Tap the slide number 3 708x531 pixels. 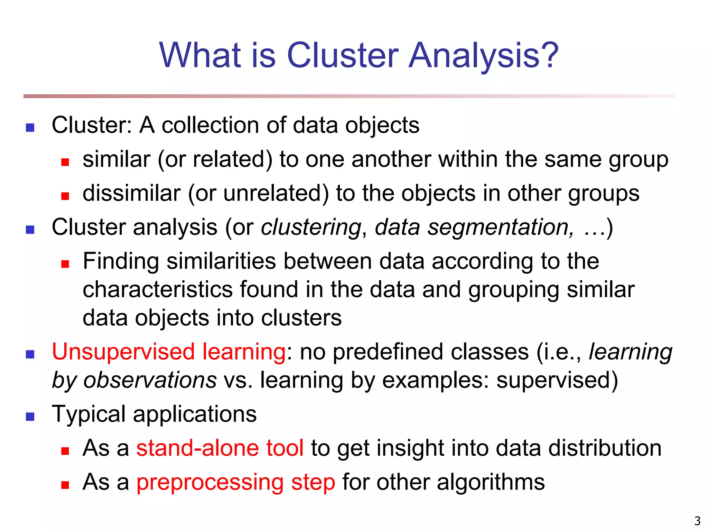(x=697, y=521)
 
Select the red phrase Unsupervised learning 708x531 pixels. (x=169, y=352)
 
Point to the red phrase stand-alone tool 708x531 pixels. (x=220, y=448)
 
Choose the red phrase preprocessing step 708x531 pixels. (x=236, y=482)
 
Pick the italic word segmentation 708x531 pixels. (x=499, y=228)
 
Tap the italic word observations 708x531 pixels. (x=150, y=380)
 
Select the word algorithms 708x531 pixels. (x=491, y=482)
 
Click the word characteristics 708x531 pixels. (x=158, y=289)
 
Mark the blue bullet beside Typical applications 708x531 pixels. (x=30, y=417)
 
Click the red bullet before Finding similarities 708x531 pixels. (x=65, y=264)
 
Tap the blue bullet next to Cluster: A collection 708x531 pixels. (x=30, y=128)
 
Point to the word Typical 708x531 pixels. (x=88, y=414)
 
